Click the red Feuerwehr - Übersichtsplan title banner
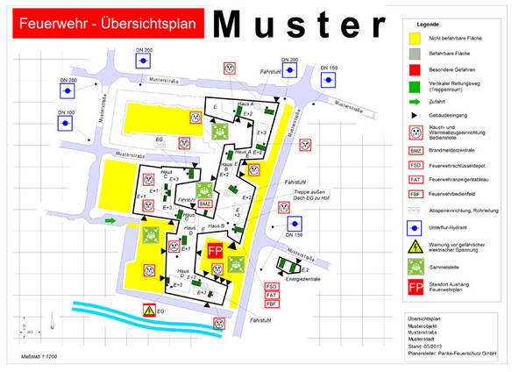[x=101, y=21]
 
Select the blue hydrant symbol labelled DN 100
[x=67, y=127]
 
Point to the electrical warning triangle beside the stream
[x=150, y=311]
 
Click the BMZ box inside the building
[x=204, y=204]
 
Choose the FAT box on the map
[x=271, y=295]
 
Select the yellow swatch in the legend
[x=416, y=39]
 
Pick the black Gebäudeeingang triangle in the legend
[x=416, y=115]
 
